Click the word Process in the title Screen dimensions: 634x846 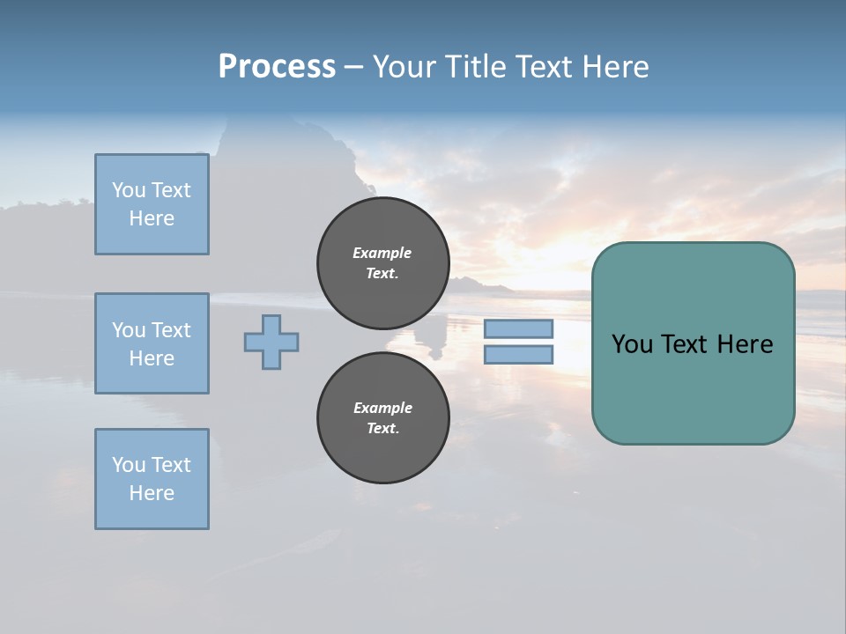pyautogui.click(x=277, y=66)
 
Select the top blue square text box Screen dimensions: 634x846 pyautogui.click(x=152, y=204)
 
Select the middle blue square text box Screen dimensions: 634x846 pyautogui.click(x=152, y=343)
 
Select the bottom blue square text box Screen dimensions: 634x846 pyautogui.click(x=152, y=479)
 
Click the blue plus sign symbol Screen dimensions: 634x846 pyautogui.click(x=271, y=342)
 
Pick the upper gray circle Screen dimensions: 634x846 pyautogui.click(x=382, y=263)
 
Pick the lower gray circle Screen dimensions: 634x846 pyautogui.click(x=382, y=418)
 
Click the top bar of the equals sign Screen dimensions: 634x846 pyautogui.click(x=518, y=328)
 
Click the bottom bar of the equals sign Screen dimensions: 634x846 pyautogui.click(x=518, y=355)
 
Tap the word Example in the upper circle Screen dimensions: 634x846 pyautogui.click(x=382, y=253)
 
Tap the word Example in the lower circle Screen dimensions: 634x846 pyautogui.click(x=382, y=408)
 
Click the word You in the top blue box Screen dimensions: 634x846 pyautogui.click(x=129, y=190)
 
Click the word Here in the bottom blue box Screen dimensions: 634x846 pyautogui.click(x=152, y=493)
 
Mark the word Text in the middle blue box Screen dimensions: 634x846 pyautogui.click(x=171, y=330)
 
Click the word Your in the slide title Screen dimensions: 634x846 pyautogui.click(x=405, y=66)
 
